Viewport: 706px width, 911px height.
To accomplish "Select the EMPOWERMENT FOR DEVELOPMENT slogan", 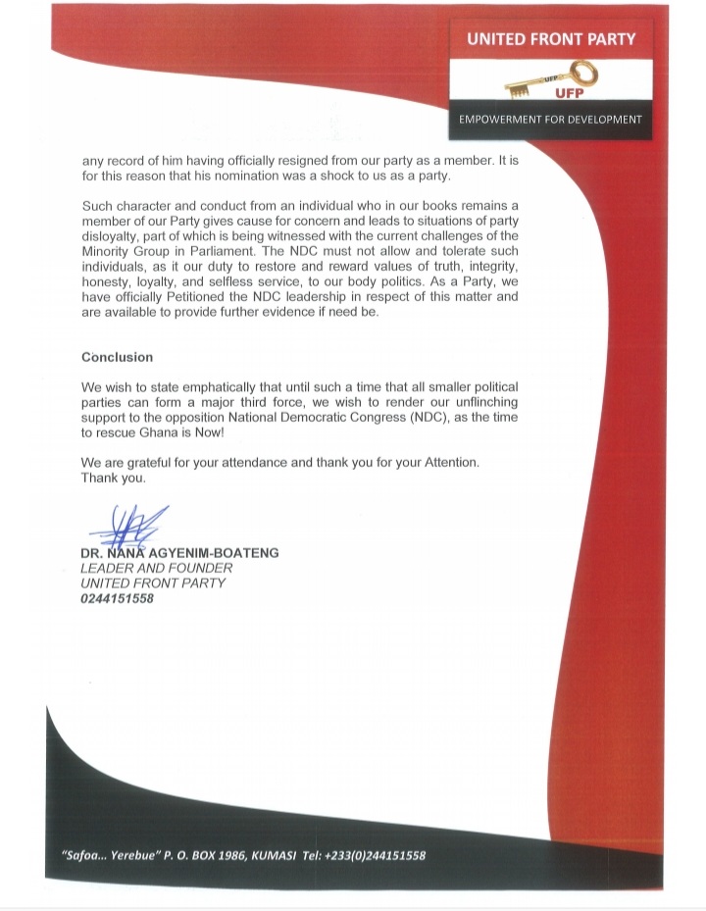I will [x=551, y=120].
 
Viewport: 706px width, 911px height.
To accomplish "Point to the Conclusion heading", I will [x=117, y=357].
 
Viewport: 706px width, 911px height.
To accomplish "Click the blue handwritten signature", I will [x=127, y=527].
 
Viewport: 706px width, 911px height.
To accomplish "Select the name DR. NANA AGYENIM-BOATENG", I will [x=179, y=553].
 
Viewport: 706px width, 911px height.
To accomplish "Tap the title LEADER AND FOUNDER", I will [x=156, y=568].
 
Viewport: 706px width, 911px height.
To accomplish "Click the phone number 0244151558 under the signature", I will [x=117, y=598].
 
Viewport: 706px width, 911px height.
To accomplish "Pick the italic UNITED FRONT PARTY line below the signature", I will [x=153, y=582].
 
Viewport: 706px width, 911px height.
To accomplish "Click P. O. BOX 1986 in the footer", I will [x=207, y=855].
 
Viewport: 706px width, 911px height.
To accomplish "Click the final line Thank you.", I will [x=113, y=479].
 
